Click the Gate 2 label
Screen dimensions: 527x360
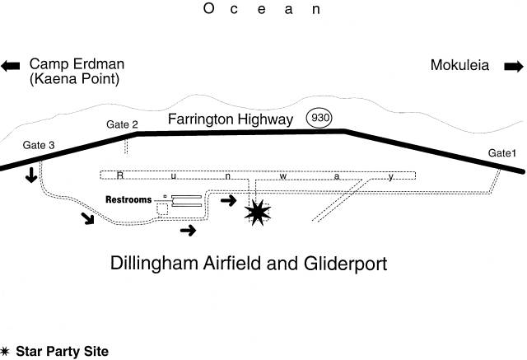pos(122,124)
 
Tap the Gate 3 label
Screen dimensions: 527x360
pos(39,145)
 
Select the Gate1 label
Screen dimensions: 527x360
pos(501,153)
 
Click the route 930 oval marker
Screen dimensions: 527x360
pos(319,118)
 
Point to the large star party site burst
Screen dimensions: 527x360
pos(258,212)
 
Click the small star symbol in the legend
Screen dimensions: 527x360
pos(4,351)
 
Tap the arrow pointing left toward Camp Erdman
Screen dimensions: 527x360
pos(11,66)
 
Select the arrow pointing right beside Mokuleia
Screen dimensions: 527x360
pos(514,66)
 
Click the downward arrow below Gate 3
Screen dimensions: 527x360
pos(31,175)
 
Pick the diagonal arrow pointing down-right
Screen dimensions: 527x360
pos(88,218)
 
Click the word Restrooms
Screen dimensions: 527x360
pos(128,199)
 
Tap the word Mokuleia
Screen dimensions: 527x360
pos(459,65)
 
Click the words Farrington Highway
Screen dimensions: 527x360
pos(231,119)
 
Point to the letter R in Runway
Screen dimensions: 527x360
pos(119,175)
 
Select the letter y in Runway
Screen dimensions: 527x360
pos(390,176)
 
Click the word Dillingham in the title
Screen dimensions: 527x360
pos(156,263)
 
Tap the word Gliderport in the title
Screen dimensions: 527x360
pos(346,264)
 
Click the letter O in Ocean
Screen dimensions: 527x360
pos(208,8)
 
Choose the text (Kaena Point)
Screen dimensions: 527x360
pos(74,79)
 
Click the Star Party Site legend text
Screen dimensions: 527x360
pos(63,351)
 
